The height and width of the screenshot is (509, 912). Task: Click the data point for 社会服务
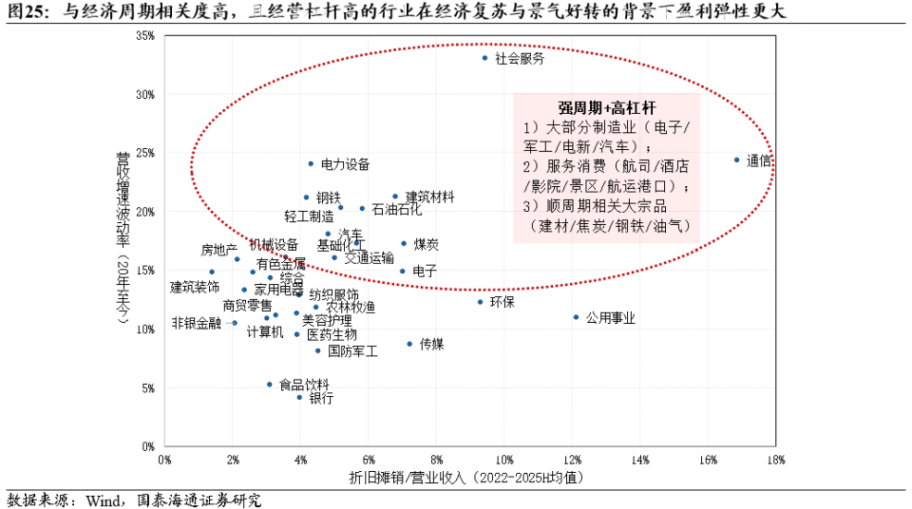[484, 58]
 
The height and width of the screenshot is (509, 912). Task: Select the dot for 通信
[736, 160]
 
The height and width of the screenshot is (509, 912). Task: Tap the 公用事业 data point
[576, 317]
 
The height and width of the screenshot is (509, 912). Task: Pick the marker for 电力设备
[311, 163]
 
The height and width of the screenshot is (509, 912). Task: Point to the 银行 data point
[299, 397]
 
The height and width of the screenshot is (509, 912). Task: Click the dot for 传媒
[409, 344]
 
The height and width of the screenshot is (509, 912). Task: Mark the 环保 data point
[481, 302]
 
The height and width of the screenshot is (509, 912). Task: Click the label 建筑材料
[429, 197]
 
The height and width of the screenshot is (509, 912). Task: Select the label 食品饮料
[304, 385]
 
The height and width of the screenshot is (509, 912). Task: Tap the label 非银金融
[196, 323]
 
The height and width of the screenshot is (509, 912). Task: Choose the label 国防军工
[352, 350]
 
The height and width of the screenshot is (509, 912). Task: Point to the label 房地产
[218, 251]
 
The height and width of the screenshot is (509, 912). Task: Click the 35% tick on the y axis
[145, 36]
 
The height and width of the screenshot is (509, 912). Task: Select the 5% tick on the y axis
[148, 387]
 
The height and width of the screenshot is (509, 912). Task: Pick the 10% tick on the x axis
[503, 461]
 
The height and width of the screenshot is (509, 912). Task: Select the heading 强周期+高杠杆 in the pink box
[606, 108]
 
